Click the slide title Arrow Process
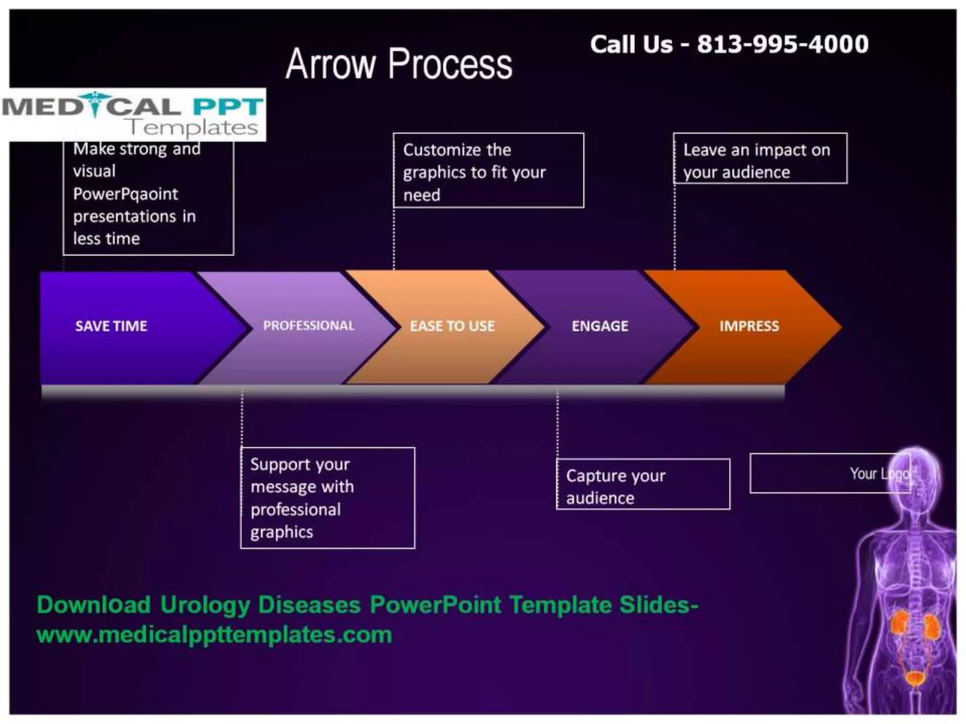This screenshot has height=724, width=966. (399, 64)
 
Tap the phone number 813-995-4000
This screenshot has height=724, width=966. (783, 44)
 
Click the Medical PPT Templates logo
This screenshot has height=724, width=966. (133, 114)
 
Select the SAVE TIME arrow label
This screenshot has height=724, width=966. (111, 326)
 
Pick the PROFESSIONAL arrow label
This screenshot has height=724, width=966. (308, 326)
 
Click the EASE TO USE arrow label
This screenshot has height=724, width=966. (452, 326)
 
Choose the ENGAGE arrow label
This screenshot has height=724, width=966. (600, 326)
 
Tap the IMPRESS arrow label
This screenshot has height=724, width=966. (749, 326)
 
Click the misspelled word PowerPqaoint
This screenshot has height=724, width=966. (125, 194)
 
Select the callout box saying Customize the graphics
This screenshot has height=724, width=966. (488, 171)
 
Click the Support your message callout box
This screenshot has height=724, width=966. (327, 498)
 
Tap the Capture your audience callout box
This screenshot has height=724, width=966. (642, 485)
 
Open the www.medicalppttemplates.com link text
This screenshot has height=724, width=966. (214, 635)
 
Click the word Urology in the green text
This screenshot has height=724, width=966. (205, 605)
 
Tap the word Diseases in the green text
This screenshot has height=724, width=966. (309, 605)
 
